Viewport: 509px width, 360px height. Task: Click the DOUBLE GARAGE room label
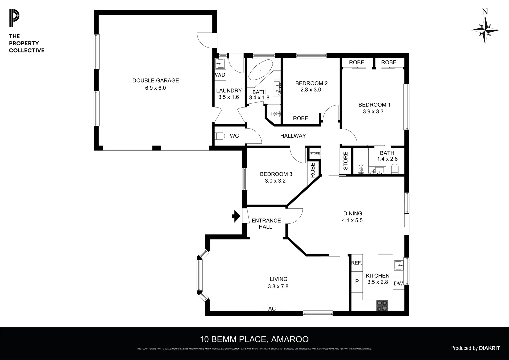coord(155,80)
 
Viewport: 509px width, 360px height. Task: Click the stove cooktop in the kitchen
coord(382,305)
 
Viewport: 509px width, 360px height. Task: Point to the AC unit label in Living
coord(272,309)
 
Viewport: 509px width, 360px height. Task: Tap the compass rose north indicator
coord(485,30)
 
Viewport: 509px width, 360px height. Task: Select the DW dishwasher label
coord(398,284)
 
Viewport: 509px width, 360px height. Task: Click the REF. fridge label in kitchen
coord(356,263)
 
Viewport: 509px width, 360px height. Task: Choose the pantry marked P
coord(357,281)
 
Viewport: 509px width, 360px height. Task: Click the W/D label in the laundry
coord(220,75)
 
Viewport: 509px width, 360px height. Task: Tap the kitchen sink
coord(399,265)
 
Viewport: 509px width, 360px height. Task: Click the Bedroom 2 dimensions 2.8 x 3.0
coord(311,90)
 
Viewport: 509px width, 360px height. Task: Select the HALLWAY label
coord(293,136)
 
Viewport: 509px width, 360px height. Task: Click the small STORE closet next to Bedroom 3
coord(315,154)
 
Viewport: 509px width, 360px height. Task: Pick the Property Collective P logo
coord(14,19)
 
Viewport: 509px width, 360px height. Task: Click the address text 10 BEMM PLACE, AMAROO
coord(254,339)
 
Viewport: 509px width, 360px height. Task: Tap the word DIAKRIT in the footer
coord(489,348)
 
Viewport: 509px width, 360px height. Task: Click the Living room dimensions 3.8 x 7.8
coord(278,286)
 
